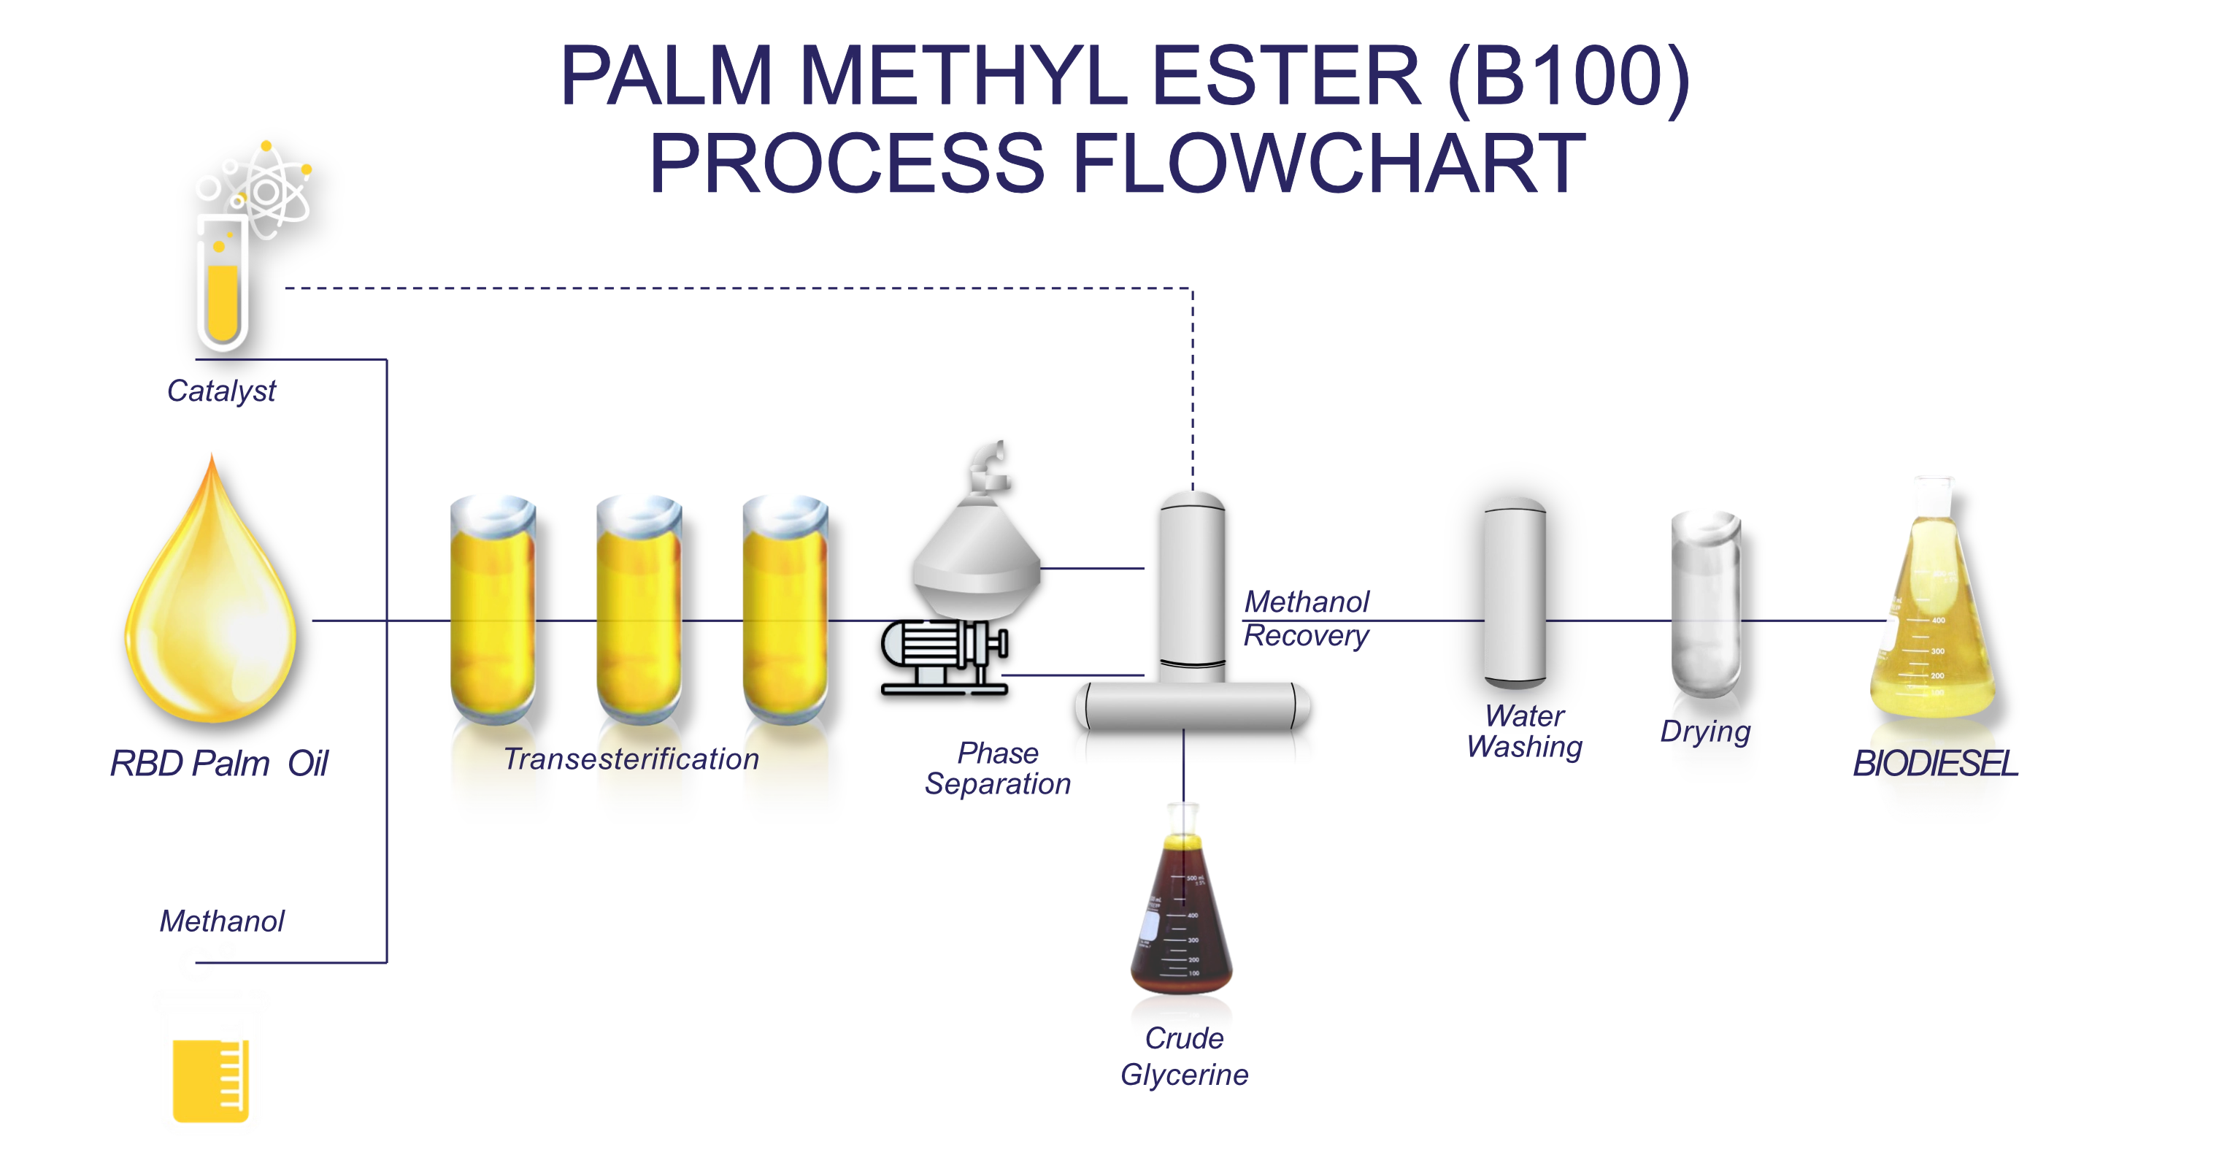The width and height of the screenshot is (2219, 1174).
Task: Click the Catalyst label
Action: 221,390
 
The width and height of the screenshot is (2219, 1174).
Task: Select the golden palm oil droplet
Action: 211,603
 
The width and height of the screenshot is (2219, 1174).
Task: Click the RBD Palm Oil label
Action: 219,762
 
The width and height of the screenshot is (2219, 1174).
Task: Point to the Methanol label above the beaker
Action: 221,920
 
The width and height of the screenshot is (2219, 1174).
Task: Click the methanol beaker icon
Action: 212,1064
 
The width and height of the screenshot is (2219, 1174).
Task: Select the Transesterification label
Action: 631,759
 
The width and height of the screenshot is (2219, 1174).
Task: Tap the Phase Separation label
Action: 998,767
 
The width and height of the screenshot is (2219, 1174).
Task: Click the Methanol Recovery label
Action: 1307,619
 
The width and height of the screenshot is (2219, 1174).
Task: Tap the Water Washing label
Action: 1524,732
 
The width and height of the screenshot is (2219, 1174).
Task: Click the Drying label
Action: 1704,732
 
